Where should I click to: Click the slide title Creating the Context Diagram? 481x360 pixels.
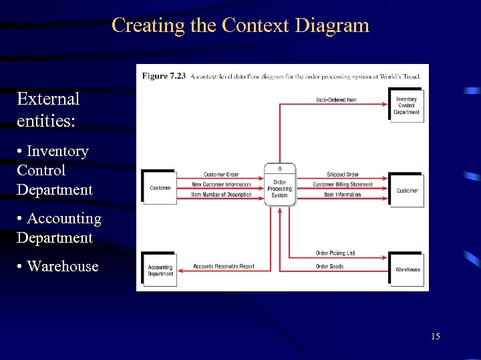point(240,25)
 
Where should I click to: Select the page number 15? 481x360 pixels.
point(436,337)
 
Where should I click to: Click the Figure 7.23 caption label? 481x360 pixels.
point(164,76)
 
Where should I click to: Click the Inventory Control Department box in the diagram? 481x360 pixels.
point(406,106)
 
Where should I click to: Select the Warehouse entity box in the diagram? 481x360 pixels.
point(407,269)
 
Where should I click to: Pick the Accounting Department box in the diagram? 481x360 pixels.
point(160,270)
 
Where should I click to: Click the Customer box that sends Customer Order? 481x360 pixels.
point(160,188)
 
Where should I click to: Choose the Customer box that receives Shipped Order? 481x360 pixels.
point(407,191)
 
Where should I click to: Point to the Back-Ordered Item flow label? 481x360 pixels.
point(336,100)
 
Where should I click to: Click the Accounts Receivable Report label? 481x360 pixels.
point(224,267)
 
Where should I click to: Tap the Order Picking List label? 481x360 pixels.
point(335,253)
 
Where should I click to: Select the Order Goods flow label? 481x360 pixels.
point(329,267)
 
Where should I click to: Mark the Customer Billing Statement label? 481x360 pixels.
point(343,185)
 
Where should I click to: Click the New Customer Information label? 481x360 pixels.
point(221,185)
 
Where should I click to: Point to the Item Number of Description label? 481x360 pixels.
point(221,195)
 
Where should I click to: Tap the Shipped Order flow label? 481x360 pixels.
point(343,175)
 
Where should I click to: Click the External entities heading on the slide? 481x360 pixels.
point(48,108)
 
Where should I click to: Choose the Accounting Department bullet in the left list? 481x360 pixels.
point(59,228)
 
